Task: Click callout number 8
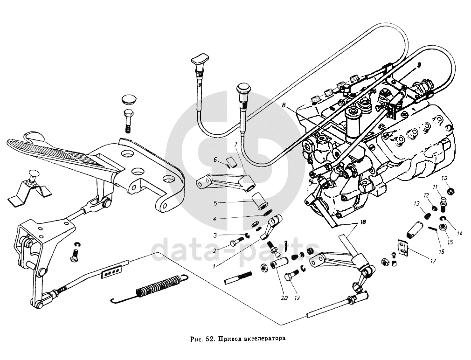pos(284,106)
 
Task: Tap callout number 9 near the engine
pos(419,64)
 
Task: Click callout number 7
pos(235,145)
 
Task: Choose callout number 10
pos(444,178)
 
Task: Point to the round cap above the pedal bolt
pos(128,100)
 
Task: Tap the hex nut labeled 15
pos(444,227)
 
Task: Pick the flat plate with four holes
pos(112,270)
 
